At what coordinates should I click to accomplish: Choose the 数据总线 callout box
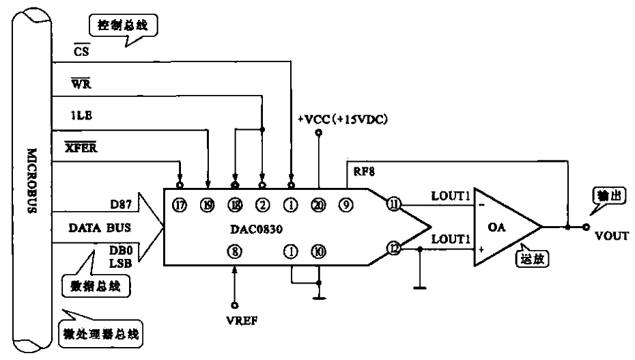pos(98,286)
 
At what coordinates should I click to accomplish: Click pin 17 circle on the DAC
pos(180,204)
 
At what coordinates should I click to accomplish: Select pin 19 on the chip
pos(208,204)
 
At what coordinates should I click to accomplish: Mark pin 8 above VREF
pos(235,251)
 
